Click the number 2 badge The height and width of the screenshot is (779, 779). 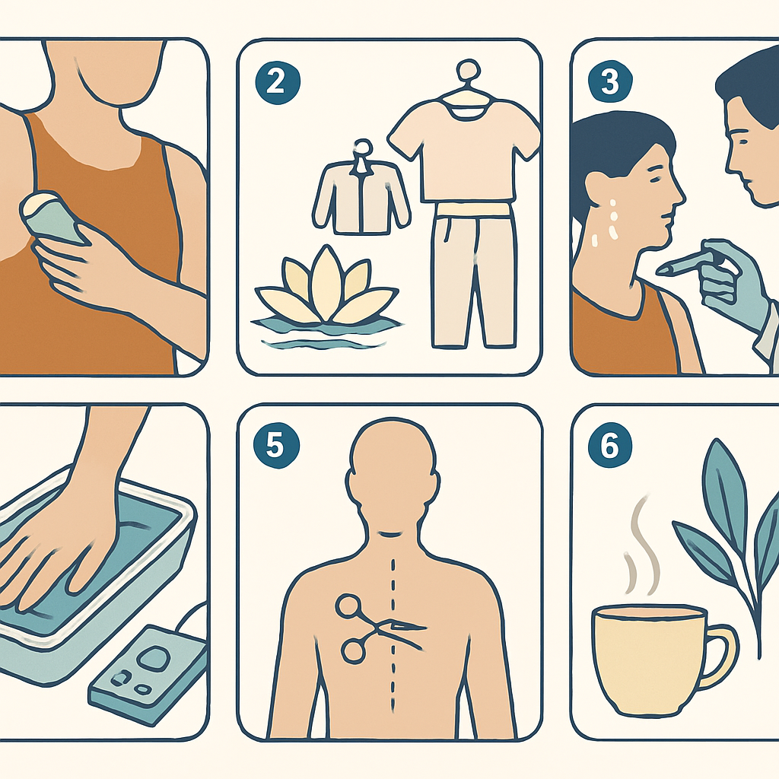[x=277, y=81]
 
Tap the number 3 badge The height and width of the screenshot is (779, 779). [x=609, y=81]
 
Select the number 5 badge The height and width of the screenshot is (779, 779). [x=275, y=444]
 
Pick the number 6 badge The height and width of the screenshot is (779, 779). [x=609, y=444]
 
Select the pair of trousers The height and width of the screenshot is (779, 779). [x=473, y=273]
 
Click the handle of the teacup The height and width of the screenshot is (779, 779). [x=724, y=657]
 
